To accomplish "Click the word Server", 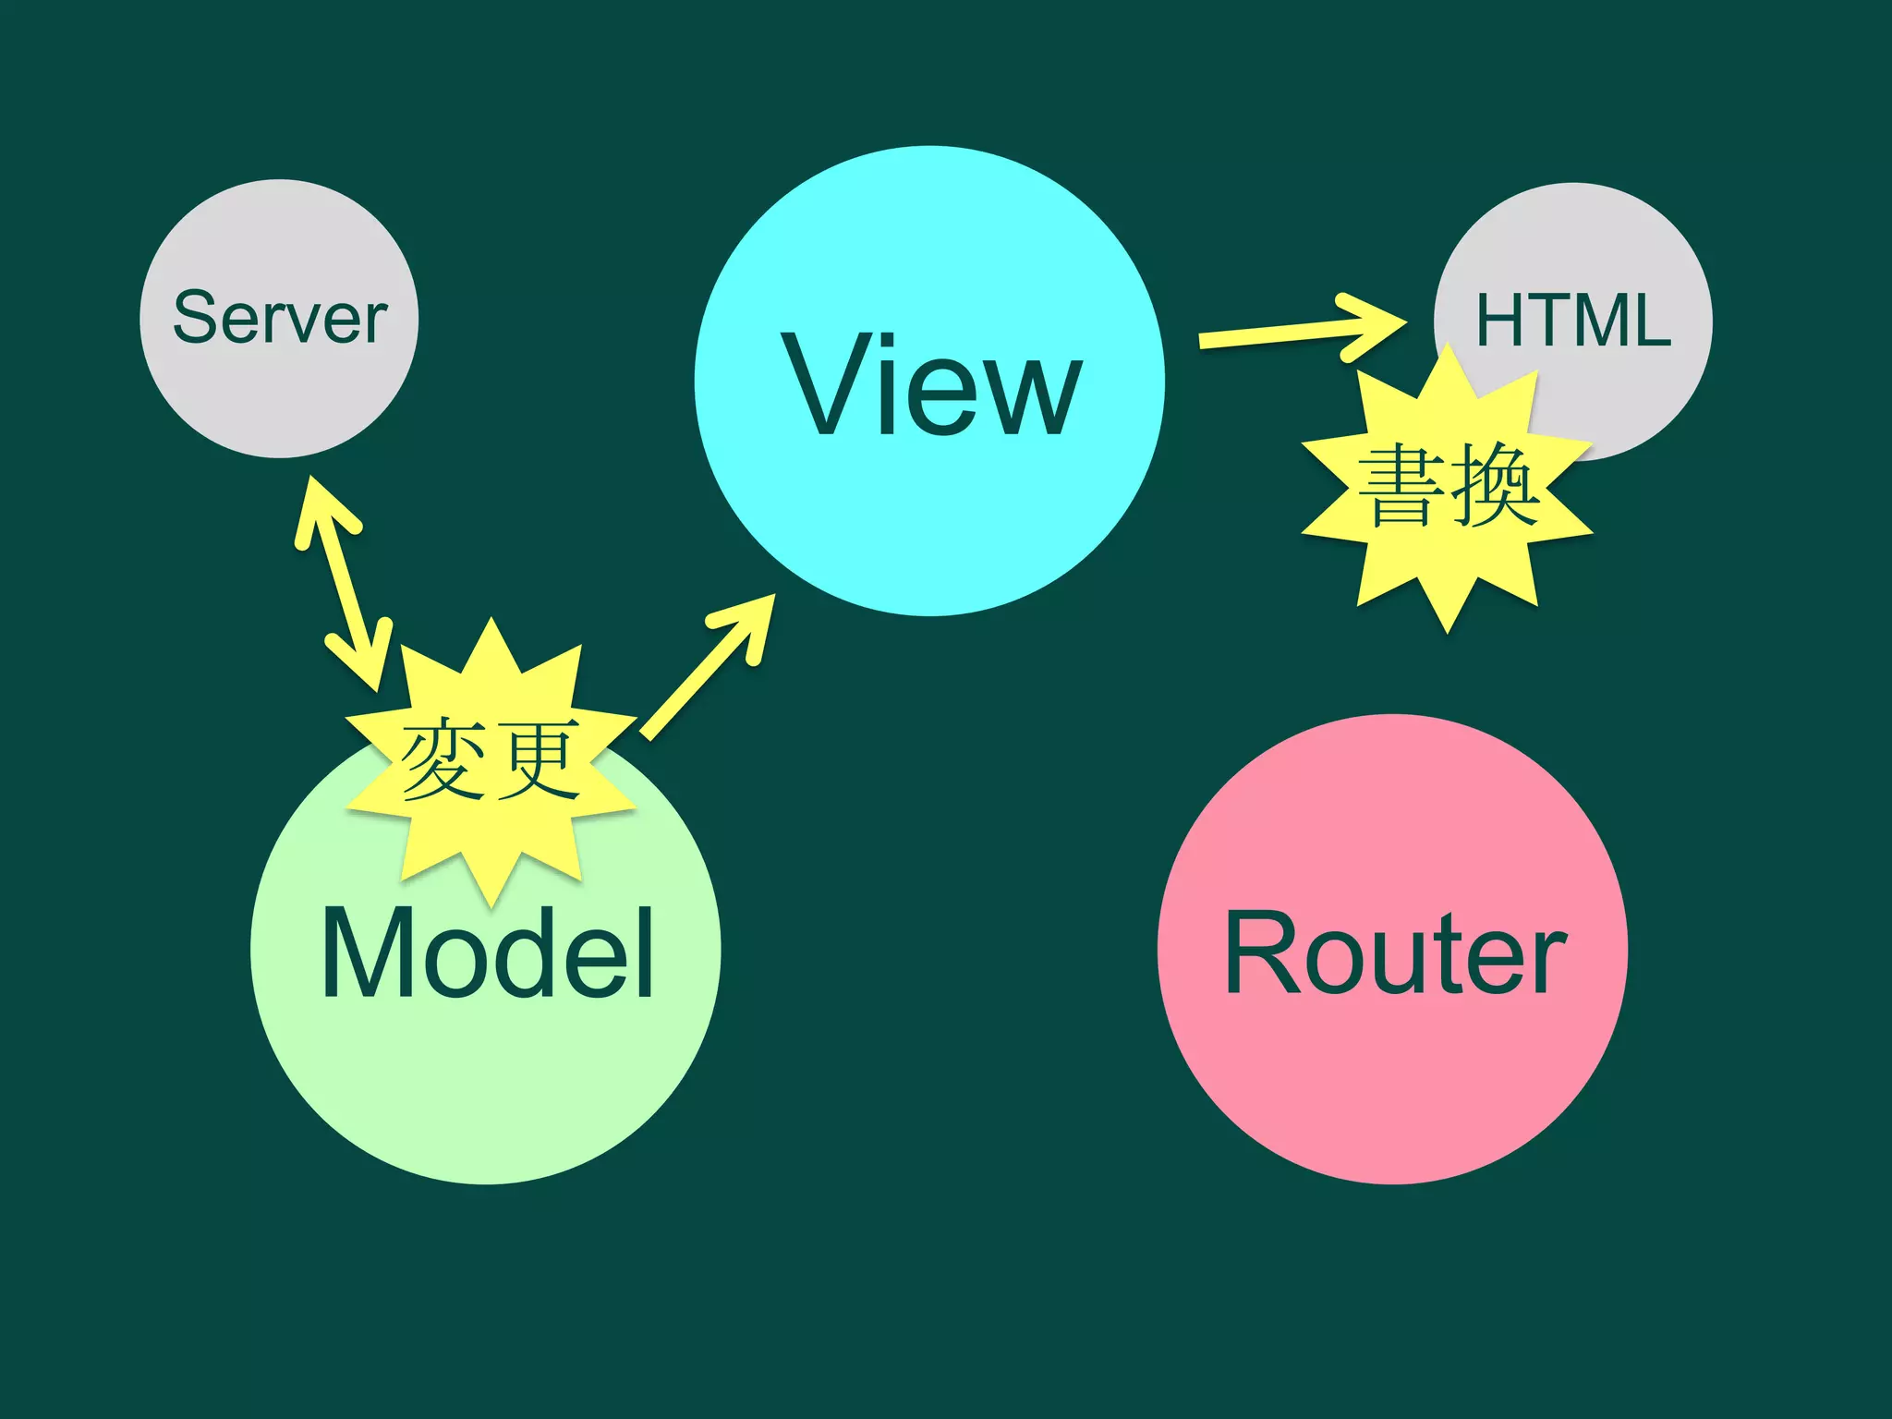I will pos(279,318).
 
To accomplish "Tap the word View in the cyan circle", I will pos(931,384).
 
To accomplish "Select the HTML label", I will pos(1573,321).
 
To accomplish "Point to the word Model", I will pos(488,952).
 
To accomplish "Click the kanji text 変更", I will pos(490,759).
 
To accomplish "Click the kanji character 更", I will pos(543,759).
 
